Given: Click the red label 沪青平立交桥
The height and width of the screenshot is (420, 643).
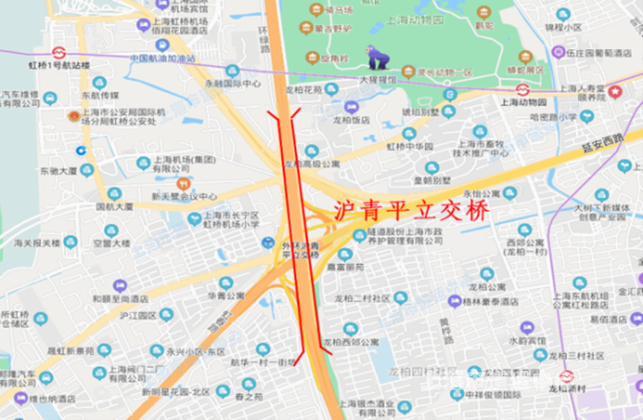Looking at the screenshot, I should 410,210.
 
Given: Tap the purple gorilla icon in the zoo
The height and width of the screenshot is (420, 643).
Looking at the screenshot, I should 379,58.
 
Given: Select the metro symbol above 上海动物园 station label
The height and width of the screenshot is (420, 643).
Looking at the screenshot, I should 522,89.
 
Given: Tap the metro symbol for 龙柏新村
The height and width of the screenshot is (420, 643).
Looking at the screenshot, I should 568,375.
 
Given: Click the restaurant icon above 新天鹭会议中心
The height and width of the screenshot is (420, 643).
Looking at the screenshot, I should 183,182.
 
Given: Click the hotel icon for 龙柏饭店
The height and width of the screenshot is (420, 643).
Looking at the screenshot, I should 351,107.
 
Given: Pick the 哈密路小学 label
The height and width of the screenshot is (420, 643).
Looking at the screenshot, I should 553,117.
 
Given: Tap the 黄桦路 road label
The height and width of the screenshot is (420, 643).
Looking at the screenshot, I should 447,330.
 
